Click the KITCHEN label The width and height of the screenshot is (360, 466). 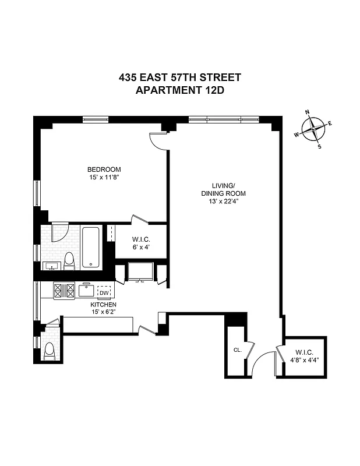point(103,305)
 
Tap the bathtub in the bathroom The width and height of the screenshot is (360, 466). point(91,248)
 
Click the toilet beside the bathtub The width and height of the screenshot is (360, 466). point(69,260)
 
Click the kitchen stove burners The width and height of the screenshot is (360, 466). point(63,290)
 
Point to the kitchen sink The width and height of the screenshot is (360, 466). point(87,289)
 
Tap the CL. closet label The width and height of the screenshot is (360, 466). point(237,350)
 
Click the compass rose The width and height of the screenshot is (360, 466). point(315,128)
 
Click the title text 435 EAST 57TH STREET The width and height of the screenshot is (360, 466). point(180,77)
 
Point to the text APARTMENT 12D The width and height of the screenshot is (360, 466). point(180,90)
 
